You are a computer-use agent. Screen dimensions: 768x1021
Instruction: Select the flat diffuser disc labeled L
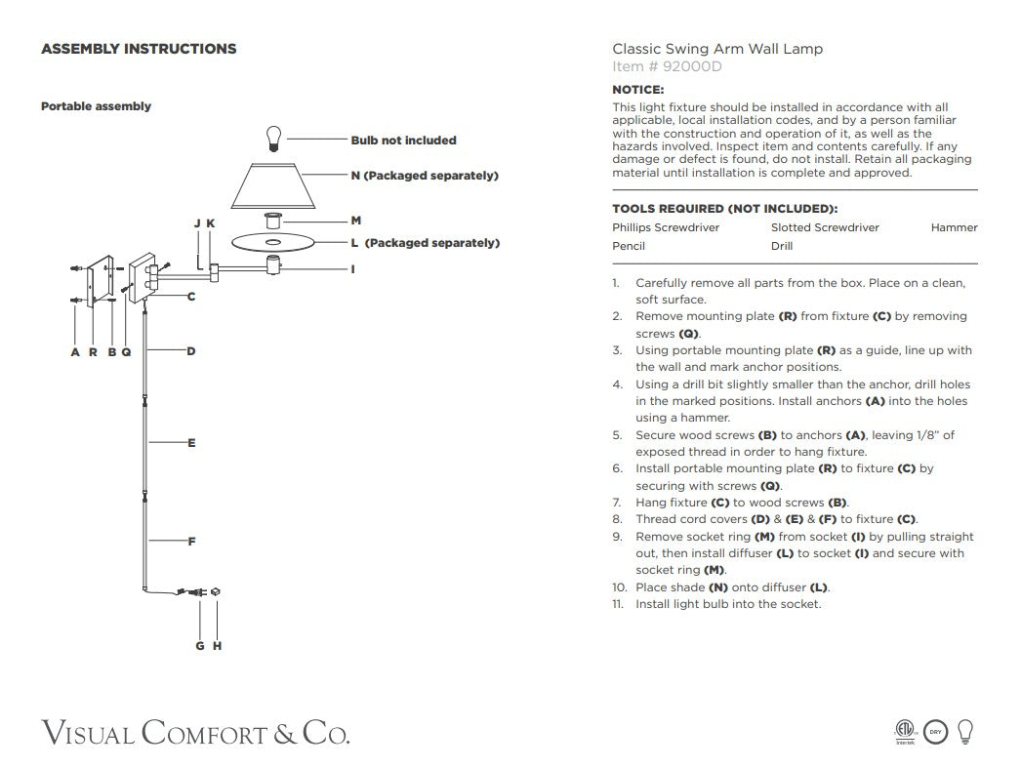coord(272,241)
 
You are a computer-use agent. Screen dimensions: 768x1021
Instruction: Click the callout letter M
coord(356,222)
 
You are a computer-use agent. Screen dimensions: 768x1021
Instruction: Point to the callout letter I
coord(353,268)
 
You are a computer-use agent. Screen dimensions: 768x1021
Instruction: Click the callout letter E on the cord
coord(191,443)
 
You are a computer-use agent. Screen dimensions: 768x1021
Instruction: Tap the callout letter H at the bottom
coord(217,646)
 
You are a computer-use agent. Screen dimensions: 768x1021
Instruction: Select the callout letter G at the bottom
coord(200,646)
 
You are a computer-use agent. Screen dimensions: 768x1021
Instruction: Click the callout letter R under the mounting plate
coord(94,352)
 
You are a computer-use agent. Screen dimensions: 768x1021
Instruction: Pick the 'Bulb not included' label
coord(403,141)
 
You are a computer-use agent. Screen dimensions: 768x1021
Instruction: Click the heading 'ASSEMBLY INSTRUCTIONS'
coord(139,49)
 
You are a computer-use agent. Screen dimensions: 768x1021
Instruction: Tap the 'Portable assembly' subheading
coord(96,106)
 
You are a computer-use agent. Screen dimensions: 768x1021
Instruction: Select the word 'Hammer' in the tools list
coord(954,227)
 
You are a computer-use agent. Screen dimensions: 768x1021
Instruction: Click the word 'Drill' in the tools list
coord(782,246)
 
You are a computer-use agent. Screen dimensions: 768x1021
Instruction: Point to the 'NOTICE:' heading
coord(637,90)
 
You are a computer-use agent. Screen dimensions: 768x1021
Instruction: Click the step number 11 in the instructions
coord(619,604)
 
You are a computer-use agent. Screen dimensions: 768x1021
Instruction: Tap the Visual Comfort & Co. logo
coord(195,732)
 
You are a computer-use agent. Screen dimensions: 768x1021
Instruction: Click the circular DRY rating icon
coord(935,732)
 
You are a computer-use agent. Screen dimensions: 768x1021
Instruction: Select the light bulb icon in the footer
coord(965,731)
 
